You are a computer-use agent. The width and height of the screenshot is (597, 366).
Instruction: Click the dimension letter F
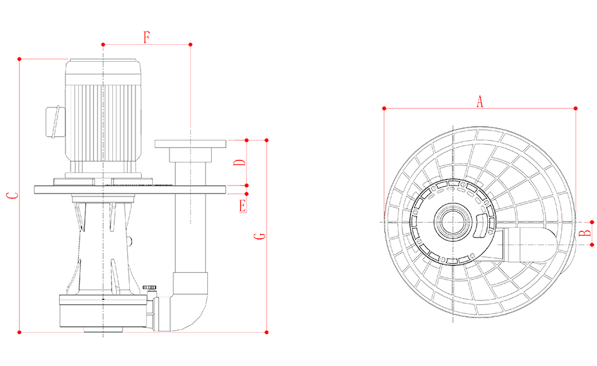[146, 37]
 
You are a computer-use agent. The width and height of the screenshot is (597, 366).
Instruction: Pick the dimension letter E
[243, 205]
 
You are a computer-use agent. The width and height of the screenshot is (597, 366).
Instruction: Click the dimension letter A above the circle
[479, 101]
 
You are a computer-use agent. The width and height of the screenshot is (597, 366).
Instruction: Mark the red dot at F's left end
[103, 45]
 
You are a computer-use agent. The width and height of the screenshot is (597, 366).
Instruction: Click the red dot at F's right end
[190, 45]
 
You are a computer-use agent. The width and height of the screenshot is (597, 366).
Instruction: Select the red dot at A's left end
[384, 108]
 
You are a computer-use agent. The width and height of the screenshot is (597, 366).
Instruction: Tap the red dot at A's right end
[575, 108]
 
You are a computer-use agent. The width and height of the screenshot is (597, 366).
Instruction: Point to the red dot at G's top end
[20, 60]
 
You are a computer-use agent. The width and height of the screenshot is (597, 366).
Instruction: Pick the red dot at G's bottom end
[20, 332]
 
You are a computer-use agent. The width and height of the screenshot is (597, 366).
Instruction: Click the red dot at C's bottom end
[266, 332]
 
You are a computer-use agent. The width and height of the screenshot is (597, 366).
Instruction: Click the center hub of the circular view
[453, 222]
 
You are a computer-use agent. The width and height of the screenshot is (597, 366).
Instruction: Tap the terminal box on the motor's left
[55, 119]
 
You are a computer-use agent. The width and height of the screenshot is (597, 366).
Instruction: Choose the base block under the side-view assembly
[103, 315]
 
